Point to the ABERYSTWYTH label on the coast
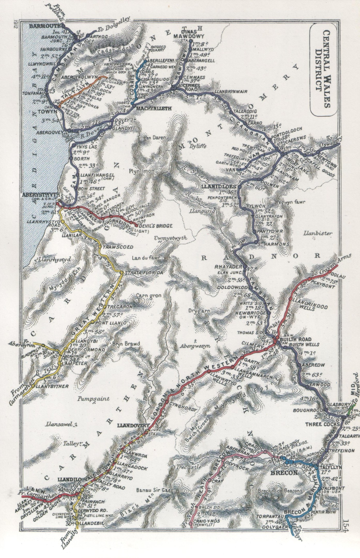click(36, 196)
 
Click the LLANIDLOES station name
click(219, 188)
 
